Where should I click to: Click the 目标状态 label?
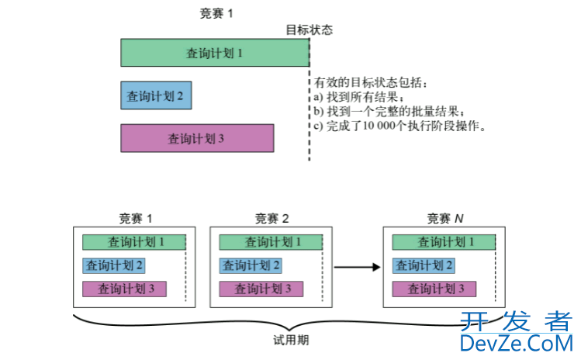[x=309, y=29]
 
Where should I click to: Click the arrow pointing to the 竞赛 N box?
[x=356, y=267]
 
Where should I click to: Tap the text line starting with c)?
[x=399, y=126]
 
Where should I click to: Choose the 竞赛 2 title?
[x=271, y=218]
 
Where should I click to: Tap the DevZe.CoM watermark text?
[x=516, y=343]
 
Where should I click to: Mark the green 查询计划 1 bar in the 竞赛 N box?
[x=443, y=242]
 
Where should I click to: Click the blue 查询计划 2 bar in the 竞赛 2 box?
[x=251, y=266]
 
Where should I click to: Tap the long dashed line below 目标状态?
[x=310, y=101]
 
